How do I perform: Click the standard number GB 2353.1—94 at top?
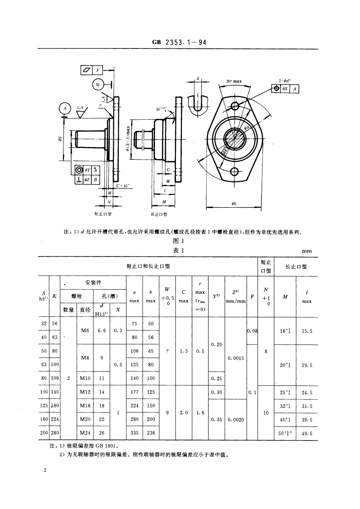coord(180,43)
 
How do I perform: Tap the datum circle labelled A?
coord(65,108)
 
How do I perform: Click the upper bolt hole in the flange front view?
coord(234,106)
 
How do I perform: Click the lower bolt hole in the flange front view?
coord(234,171)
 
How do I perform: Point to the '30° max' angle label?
coord(234,82)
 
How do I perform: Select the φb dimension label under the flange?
coord(234,204)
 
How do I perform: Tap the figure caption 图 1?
coord(180,241)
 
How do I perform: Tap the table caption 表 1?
coord(180,251)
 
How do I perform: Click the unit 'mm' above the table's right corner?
coord(307,251)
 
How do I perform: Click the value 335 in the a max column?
coord(134,432)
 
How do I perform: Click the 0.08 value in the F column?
coord(252,330)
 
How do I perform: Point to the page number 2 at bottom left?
coord(45,471)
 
